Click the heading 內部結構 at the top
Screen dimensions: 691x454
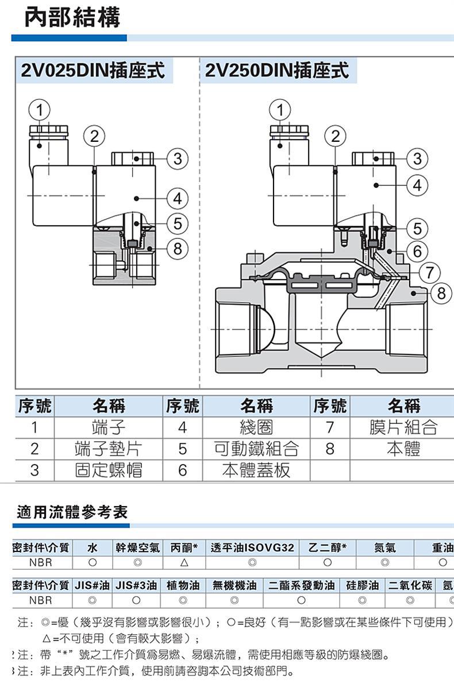[72, 18]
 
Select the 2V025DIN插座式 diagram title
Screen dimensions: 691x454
[93, 71]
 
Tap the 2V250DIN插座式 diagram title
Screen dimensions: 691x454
[276, 71]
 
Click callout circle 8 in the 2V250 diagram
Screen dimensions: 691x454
[441, 293]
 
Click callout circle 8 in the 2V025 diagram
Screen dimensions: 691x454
[177, 248]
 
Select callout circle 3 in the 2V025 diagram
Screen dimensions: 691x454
[177, 158]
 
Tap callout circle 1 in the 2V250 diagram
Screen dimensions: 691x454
[280, 109]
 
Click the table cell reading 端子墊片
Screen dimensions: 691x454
[108, 449]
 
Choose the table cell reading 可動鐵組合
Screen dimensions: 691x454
[256, 449]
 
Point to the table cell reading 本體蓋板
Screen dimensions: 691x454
[256, 470]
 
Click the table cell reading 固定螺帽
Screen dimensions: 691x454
[108, 470]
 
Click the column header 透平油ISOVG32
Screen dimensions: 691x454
[252, 548]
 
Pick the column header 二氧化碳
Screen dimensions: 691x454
[410, 586]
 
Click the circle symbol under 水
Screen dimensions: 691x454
[92, 562]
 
